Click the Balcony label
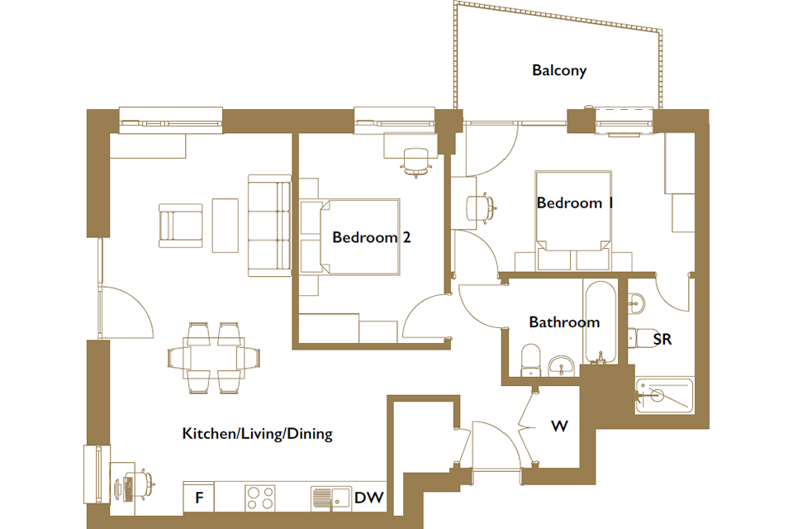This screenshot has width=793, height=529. pos(559,70)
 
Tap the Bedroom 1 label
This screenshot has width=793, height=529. pos(575,203)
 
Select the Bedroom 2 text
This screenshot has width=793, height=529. pos(371,237)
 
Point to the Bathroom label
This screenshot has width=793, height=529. pos(564,322)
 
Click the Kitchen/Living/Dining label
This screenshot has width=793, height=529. pos(258,434)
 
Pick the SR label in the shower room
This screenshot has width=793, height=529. pos(662,339)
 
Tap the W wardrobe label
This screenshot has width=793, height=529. pos(559,427)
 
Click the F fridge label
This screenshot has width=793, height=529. pos(199,498)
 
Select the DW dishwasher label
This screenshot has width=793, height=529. pos(369,498)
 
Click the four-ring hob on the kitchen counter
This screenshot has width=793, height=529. pos(260,497)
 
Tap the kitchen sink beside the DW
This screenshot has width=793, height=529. pos(331,498)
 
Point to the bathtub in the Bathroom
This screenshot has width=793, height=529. pos(601,322)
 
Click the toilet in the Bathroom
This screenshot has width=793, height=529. pos(530,360)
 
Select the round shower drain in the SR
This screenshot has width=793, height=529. pos(657,394)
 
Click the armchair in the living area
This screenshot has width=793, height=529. pos(181,226)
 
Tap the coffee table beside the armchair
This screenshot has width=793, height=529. pos(225,226)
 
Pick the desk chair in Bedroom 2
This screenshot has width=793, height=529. pos(415,162)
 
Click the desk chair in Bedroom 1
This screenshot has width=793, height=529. pos(480,208)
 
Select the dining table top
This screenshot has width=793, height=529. pos(214,358)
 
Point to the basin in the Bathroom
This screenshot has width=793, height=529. pos(562,365)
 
